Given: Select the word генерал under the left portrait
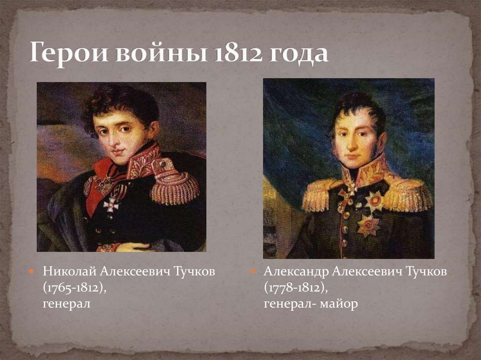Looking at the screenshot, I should coord(66,304).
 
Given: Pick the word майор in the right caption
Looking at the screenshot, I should coord(340,304).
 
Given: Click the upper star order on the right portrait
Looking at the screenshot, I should coord(374,201).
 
